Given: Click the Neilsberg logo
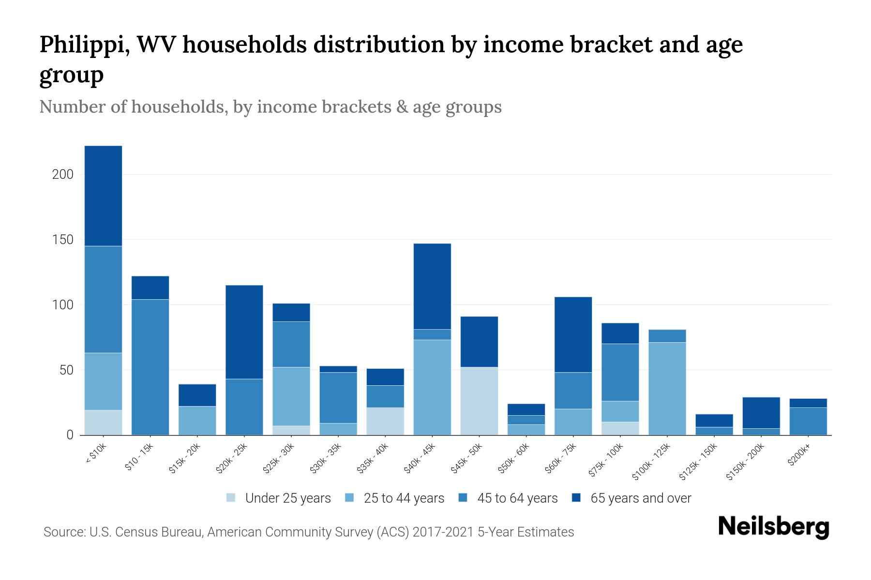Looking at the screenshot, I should (x=773, y=527).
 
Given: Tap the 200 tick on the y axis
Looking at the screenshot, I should (x=63, y=174).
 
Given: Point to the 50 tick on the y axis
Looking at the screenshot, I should (x=66, y=370).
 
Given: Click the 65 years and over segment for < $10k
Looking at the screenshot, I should (x=103, y=196).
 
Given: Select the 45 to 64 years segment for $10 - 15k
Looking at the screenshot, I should (x=150, y=367).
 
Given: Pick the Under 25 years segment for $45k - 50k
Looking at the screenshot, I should (x=479, y=401).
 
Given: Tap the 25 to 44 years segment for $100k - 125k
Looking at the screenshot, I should (x=667, y=389).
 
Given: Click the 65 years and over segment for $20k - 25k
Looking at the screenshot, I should (x=244, y=332).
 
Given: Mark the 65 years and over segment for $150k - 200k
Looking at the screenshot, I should (x=761, y=413).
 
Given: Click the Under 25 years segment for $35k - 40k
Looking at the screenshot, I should (x=385, y=421).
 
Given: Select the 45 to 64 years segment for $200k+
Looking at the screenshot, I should (x=808, y=421).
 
